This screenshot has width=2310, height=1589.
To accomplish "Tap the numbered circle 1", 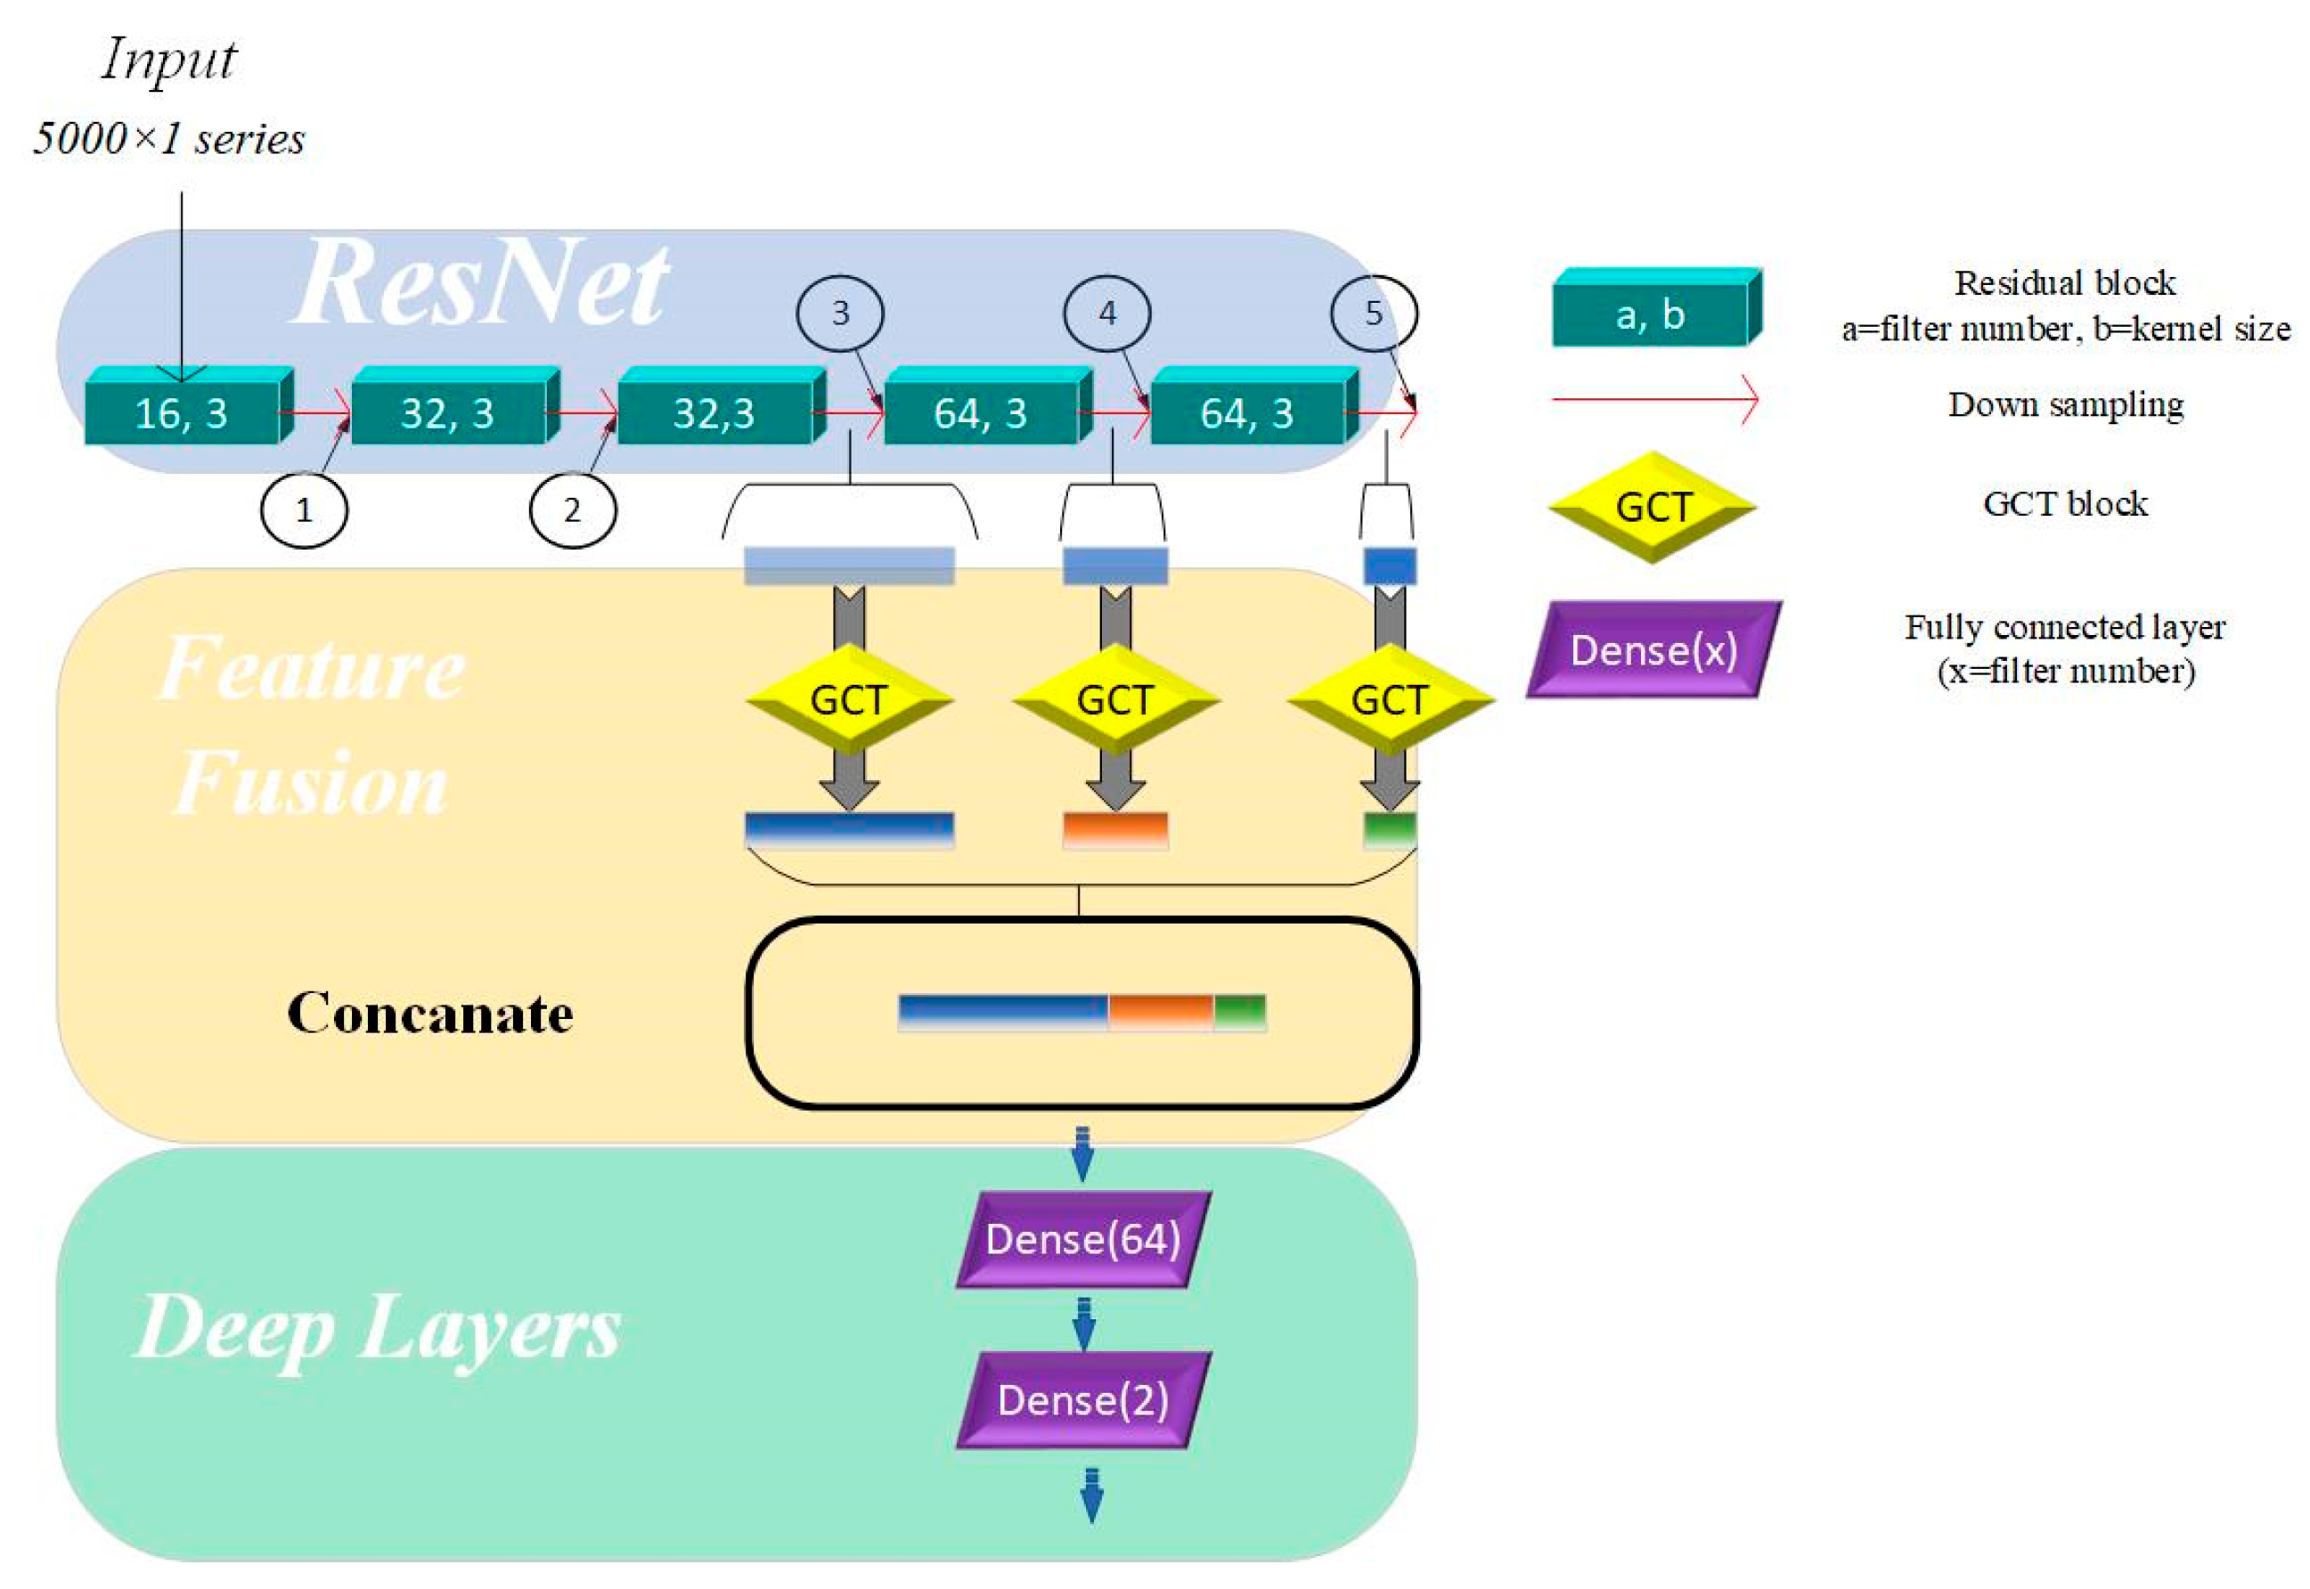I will (304, 509).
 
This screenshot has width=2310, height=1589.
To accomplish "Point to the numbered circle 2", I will (572, 509).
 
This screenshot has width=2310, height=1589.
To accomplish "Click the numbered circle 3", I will (839, 314).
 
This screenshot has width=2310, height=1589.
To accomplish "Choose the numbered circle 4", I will (1106, 314).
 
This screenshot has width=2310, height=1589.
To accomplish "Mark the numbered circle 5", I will (1373, 314).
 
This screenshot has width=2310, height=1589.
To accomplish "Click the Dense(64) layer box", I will (1082, 1240).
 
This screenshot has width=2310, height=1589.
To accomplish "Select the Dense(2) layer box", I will (1082, 1400).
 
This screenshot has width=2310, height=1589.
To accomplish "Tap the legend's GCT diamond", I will (1652, 507).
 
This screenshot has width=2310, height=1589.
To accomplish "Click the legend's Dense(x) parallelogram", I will (1653, 650).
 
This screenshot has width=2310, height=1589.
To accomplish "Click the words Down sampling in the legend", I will (2065, 404).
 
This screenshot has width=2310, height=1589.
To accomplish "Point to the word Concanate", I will (430, 1014).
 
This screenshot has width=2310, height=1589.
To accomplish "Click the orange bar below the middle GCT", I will (1114, 829).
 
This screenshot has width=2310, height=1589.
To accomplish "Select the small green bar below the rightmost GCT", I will (1388, 829).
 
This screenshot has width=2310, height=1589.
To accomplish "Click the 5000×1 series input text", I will (169, 138).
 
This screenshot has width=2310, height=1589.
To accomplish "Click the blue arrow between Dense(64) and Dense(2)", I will (1083, 1324).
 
